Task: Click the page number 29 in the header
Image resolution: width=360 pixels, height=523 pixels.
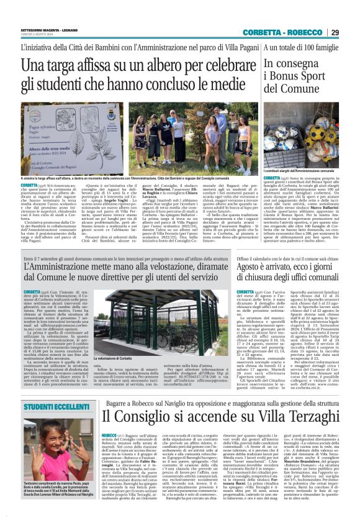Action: [x=335, y=33]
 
